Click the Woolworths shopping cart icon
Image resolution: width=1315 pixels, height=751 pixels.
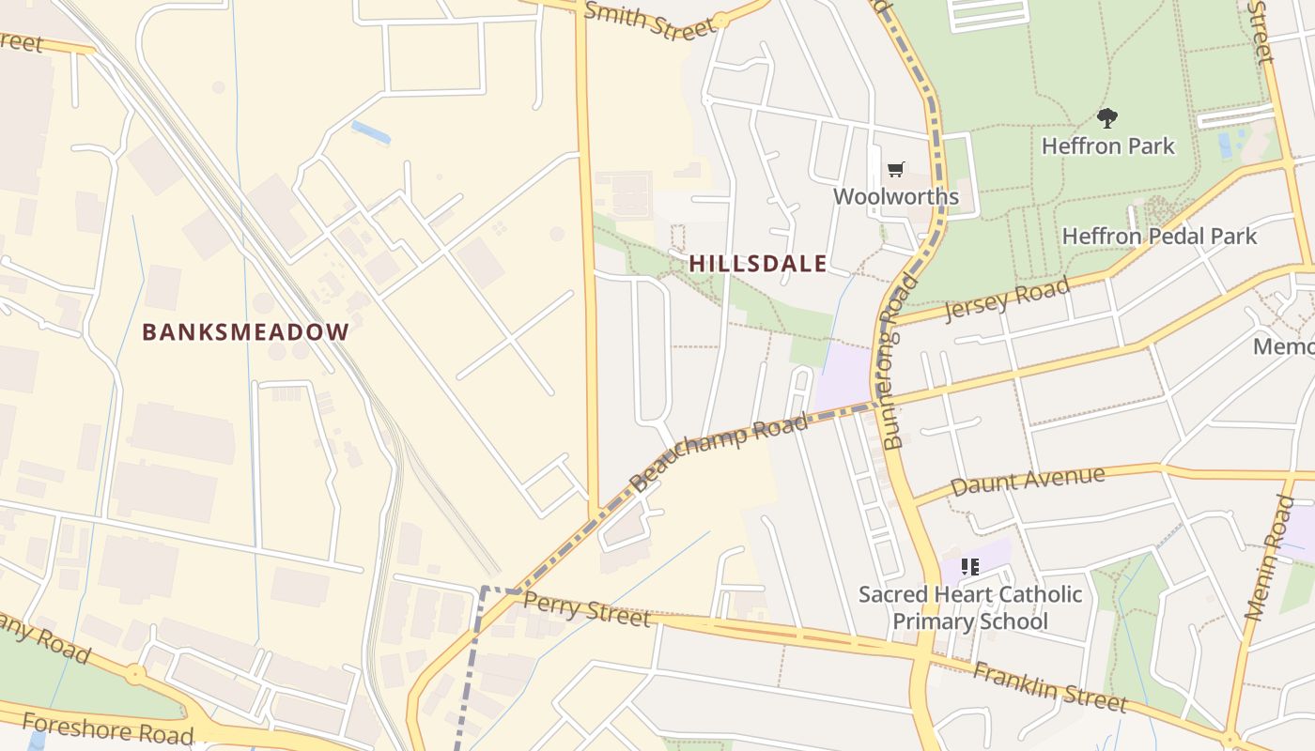896,169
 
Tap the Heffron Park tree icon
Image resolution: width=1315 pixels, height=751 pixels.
1107,118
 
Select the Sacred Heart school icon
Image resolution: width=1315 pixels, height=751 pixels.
970,566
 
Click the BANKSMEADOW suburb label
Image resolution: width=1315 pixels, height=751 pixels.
245,331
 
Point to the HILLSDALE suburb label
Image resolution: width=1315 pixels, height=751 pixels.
758,264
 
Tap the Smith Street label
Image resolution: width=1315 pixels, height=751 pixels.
650,20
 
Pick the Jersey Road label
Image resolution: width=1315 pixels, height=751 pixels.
1007,299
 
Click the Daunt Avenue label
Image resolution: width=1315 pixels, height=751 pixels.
1028,481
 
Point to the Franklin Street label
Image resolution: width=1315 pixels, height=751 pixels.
1049,686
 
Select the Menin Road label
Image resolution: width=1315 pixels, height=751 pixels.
1270,558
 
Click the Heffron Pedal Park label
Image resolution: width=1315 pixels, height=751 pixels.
1159,236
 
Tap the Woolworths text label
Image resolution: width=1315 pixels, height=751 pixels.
896,196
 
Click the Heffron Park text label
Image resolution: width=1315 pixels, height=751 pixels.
1108,146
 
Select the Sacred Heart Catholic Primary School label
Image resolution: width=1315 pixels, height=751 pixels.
970,607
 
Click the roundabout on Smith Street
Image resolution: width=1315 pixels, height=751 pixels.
720,20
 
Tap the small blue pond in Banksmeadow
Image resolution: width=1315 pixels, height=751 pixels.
370,132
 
